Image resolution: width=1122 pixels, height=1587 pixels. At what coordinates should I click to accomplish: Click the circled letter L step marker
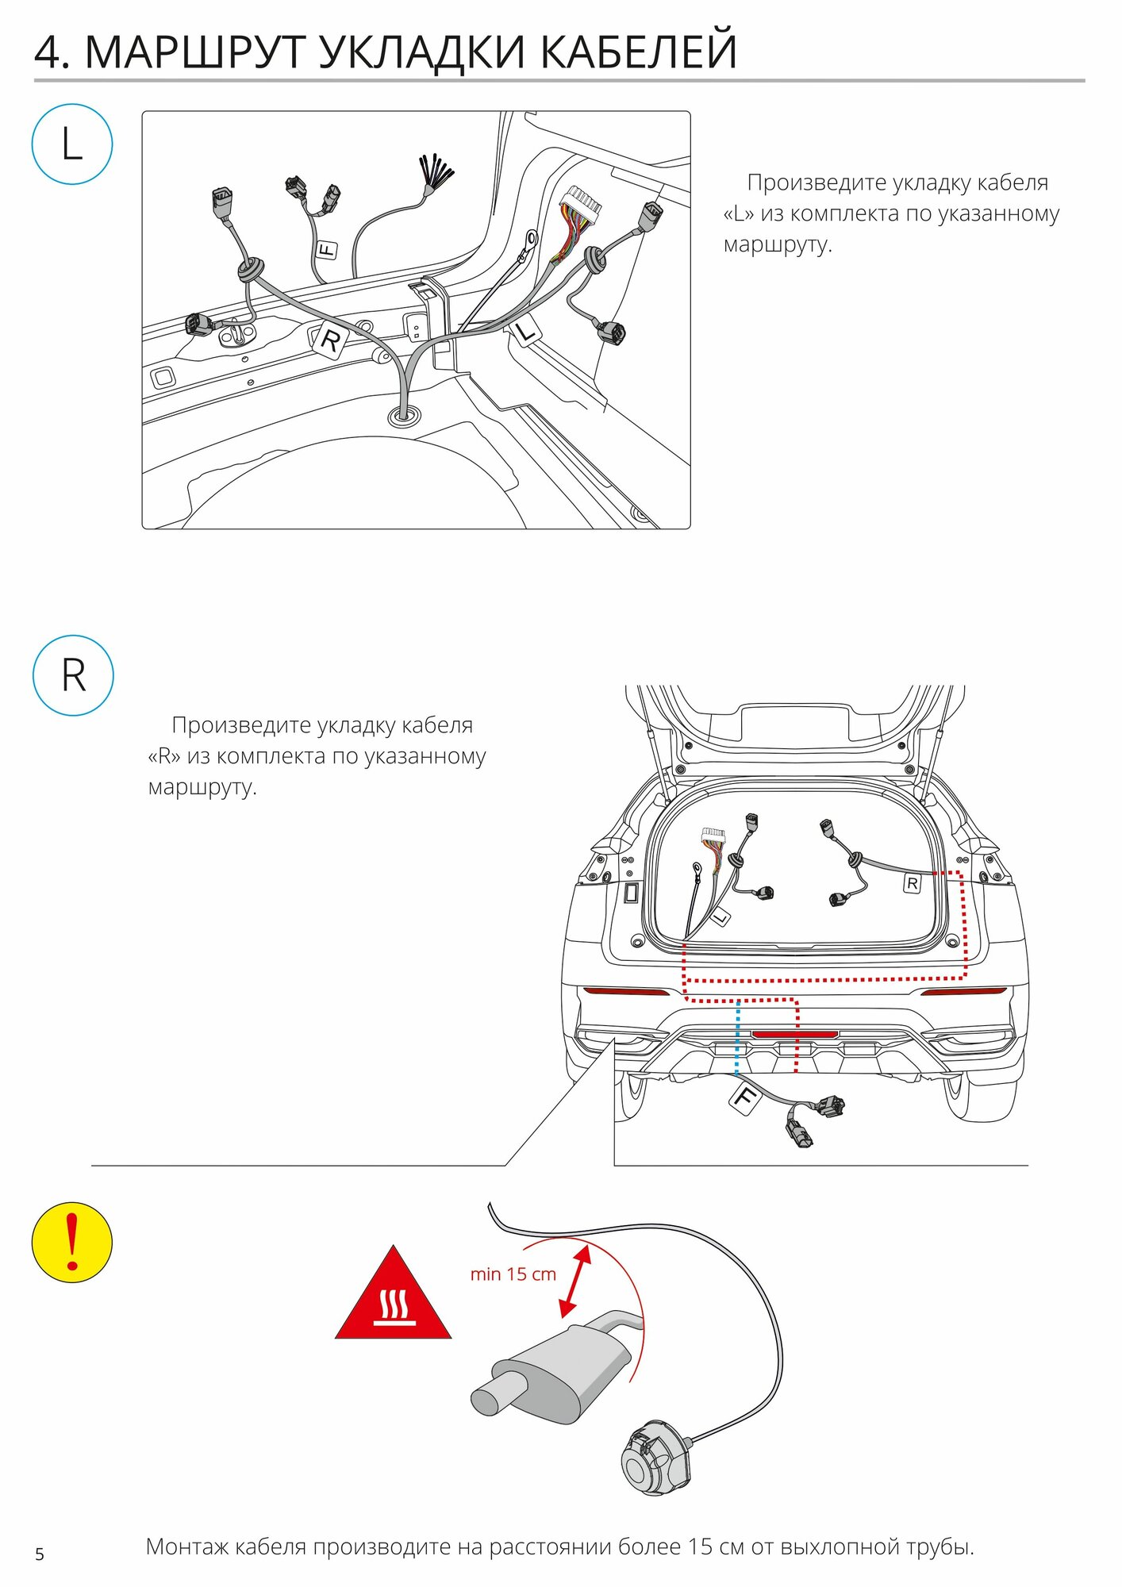pyautogui.click(x=72, y=144)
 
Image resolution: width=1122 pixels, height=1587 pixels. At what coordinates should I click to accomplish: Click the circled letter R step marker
pyautogui.click(x=73, y=675)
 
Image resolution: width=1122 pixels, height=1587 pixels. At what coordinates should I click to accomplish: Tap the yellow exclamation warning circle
pyautogui.click(x=72, y=1242)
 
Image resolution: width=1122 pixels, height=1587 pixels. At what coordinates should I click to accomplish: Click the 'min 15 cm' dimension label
pyautogui.click(x=513, y=1274)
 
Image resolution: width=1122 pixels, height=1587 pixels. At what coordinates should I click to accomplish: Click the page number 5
pyautogui.click(x=40, y=1554)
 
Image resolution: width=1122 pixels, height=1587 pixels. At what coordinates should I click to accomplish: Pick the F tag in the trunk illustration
pyautogui.click(x=326, y=251)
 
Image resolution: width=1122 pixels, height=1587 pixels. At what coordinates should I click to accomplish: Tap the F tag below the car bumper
pyautogui.click(x=744, y=1097)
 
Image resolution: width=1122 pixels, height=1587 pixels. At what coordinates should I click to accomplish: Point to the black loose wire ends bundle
pyautogui.click(x=436, y=175)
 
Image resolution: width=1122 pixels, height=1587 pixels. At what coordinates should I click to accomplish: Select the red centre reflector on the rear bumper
pyautogui.click(x=794, y=1034)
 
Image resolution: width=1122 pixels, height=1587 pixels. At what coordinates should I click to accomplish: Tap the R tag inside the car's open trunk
pyautogui.click(x=913, y=883)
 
